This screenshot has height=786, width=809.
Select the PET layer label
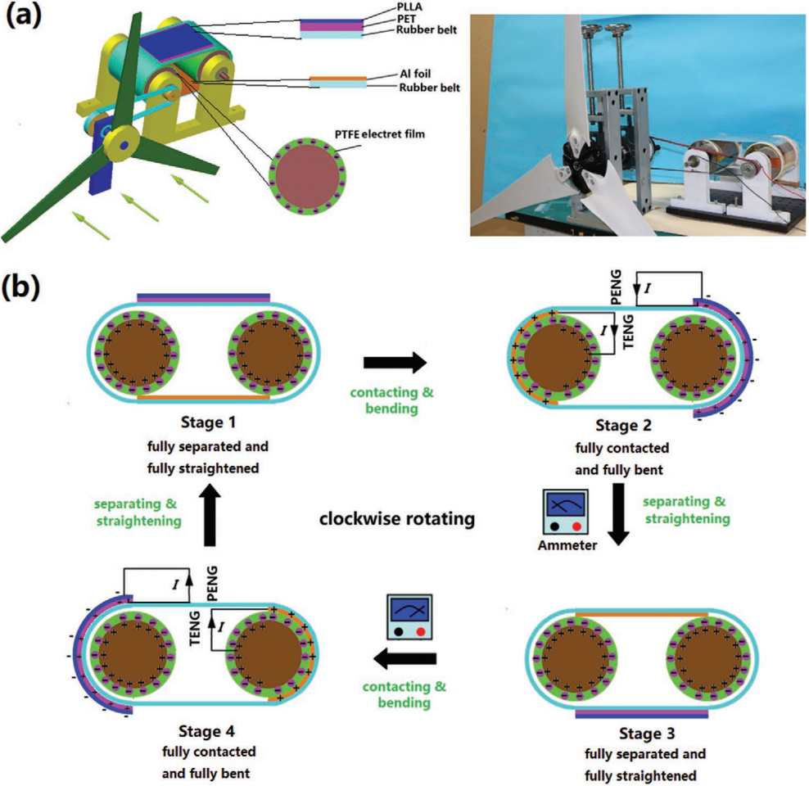(x=404, y=19)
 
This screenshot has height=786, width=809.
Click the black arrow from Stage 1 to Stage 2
(x=397, y=361)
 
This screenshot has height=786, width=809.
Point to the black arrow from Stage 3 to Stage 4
(x=405, y=658)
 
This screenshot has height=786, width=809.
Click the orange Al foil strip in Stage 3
(x=642, y=612)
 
